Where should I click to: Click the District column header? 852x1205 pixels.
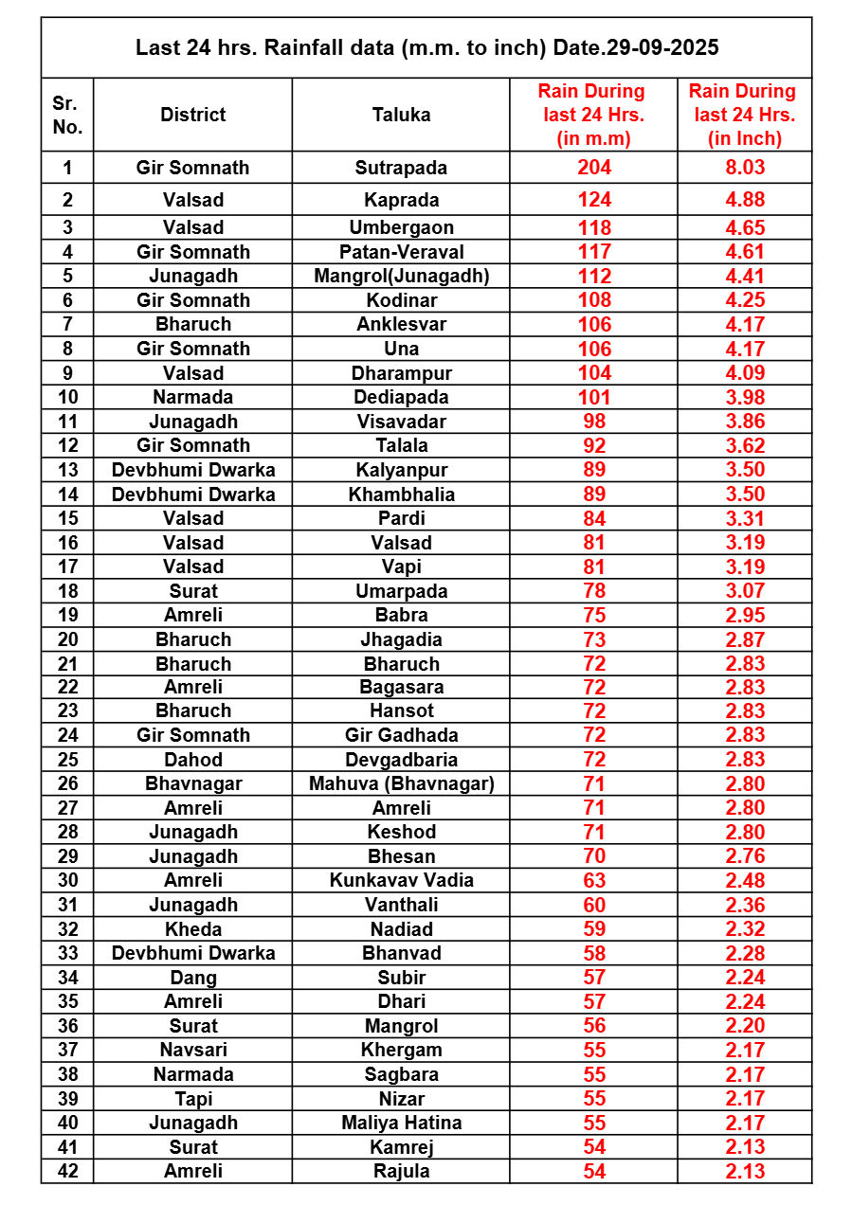[x=192, y=115]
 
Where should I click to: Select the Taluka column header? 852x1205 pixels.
[x=401, y=115]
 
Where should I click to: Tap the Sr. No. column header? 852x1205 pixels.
[x=67, y=115]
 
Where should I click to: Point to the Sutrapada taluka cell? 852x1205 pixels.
[x=401, y=168]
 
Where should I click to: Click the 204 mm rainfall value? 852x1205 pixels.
[x=594, y=168]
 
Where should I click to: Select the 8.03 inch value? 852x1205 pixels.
[x=745, y=168]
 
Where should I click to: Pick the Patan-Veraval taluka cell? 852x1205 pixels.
[x=401, y=252]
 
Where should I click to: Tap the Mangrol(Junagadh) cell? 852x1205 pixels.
[x=401, y=276]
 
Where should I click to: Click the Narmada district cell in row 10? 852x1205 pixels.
[x=192, y=397]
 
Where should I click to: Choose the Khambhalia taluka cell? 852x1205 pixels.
[x=401, y=495]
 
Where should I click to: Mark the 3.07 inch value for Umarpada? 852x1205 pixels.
[x=745, y=591]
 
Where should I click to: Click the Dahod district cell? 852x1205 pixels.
[x=192, y=760]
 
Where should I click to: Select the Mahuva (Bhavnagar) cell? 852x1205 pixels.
[x=401, y=783]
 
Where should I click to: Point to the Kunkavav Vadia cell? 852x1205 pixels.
[x=401, y=880]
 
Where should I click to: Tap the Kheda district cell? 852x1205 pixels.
[x=192, y=929]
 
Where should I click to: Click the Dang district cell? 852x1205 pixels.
[x=192, y=978]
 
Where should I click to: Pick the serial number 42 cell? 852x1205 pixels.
[x=67, y=1171]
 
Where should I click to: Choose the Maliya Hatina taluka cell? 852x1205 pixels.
[x=401, y=1123]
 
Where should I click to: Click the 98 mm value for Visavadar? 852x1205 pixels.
[x=594, y=422]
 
